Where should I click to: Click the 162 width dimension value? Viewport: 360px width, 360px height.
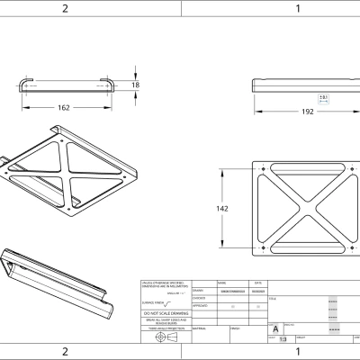point(64,107)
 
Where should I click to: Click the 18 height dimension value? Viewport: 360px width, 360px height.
point(135,85)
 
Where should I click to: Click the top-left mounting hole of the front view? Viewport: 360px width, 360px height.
point(261,167)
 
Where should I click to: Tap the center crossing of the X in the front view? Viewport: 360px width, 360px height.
point(301,208)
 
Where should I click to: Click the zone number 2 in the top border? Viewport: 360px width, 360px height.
point(65,8)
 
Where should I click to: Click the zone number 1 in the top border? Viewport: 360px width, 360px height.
point(298,8)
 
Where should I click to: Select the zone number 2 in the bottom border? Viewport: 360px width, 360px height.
point(65,351)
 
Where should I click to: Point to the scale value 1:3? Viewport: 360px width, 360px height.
point(283,339)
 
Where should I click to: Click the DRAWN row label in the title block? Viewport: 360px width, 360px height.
point(199,291)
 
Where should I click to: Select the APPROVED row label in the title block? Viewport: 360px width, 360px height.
point(201,306)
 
